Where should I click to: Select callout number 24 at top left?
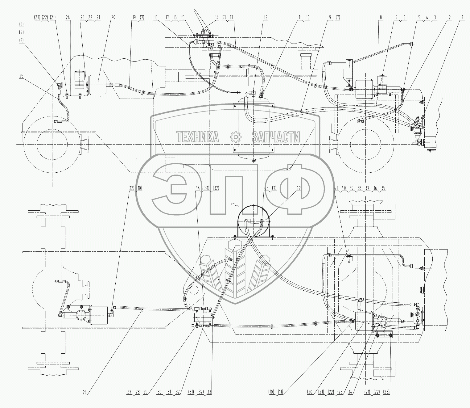[68, 18]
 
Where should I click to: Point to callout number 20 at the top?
[113, 18]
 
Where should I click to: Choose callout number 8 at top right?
[381, 18]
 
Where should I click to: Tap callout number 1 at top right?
[462, 18]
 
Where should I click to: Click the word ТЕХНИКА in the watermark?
[197, 136]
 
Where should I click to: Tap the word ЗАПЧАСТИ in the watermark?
[276, 136]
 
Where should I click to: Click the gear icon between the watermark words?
[236, 136]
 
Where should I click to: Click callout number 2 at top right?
[450, 18]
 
